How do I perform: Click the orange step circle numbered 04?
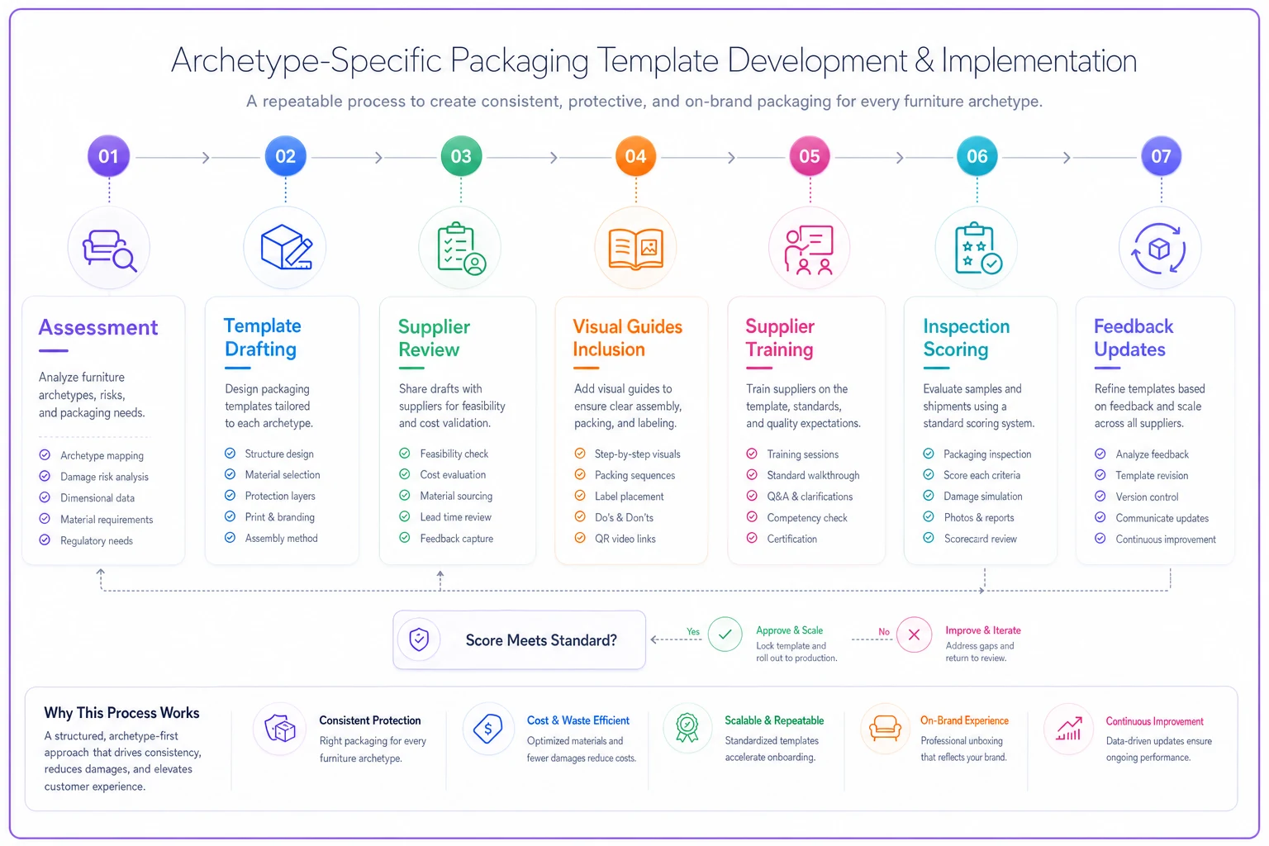pos(635,156)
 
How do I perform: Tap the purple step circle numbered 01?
pos(108,156)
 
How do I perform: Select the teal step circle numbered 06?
pos(977,156)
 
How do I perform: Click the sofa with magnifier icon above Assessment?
pos(109,250)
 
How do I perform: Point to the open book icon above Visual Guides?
pos(635,248)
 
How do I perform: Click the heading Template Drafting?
pos(262,337)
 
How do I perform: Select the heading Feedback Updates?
pos(1133,338)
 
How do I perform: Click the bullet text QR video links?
pos(625,539)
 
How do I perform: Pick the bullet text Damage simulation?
pos(983,497)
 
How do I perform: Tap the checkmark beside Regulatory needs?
pos(45,540)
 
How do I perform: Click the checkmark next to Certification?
pos(752,539)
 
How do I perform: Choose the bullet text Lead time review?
pos(455,517)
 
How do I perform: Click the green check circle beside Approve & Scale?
pos(725,634)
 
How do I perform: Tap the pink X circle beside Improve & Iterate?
pos(914,634)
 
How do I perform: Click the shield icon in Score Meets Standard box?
pos(419,639)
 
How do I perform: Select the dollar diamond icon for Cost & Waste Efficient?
pos(487,728)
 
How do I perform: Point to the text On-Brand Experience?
pos(964,720)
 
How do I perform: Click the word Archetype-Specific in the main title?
pos(306,60)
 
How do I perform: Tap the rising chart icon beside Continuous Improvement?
pos(1068,729)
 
